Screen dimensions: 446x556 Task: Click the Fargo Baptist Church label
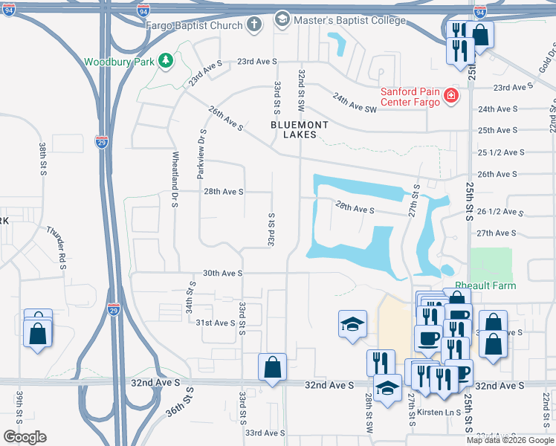195,25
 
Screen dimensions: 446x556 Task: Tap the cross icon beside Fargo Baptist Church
254,25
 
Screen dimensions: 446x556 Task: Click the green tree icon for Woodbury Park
168,60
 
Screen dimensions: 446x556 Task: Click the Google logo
25,436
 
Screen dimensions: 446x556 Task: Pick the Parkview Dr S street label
201,152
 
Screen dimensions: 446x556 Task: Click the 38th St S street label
42,159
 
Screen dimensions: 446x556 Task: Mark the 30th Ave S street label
223,274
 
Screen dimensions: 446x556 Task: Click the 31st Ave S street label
216,323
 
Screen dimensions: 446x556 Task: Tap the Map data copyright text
509,440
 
